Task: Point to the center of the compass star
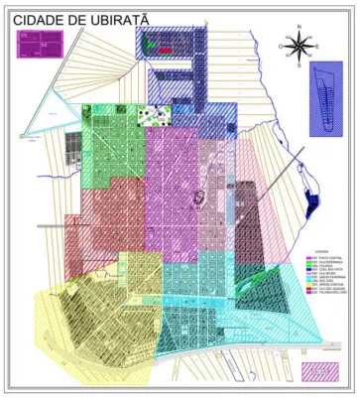(x=298, y=45)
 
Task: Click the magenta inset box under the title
(x=40, y=44)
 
